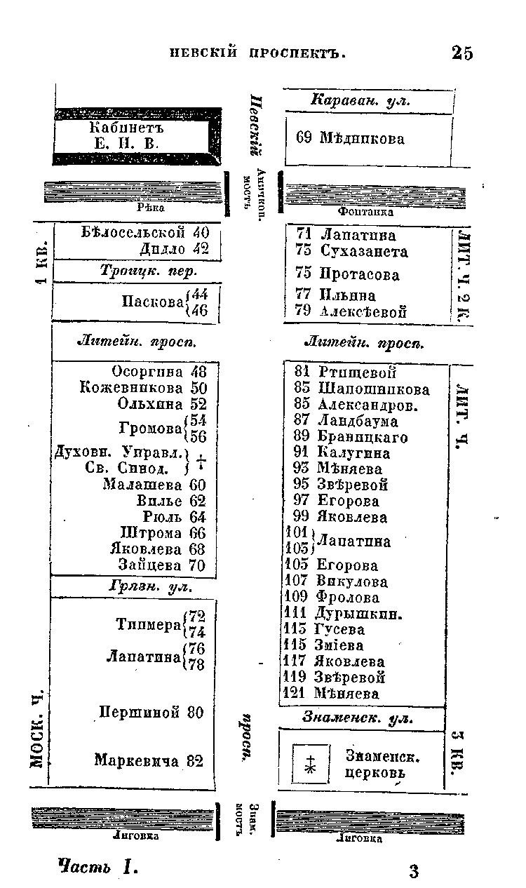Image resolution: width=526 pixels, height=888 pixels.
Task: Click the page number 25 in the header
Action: tap(462, 53)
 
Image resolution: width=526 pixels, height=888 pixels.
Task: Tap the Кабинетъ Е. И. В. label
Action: tap(126, 136)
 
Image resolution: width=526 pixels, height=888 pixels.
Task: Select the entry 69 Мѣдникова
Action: tap(350, 138)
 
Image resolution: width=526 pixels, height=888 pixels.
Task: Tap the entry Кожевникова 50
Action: tap(143, 387)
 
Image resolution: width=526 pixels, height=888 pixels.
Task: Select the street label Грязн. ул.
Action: tap(151, 586)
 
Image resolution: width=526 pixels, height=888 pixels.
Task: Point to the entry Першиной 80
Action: tap(151, 713)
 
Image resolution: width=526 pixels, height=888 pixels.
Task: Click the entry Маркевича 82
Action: tap(149, 760)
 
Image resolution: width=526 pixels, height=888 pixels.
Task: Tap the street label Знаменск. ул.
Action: tap(358, 718)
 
